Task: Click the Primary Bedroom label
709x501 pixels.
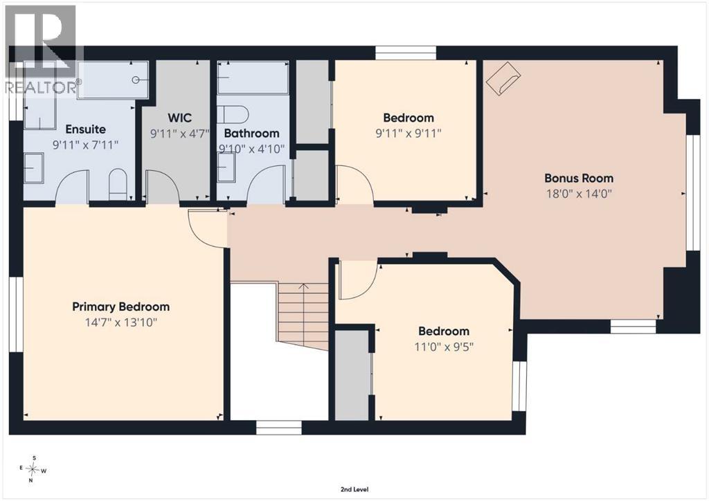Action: pyautogui.click(x=120, y=307)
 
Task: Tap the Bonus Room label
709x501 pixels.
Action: pyautogui.click(x=579, y=178)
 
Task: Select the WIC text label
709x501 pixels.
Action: pyautogui.click(x=179, y=118)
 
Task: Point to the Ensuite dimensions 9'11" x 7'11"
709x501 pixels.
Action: pyautogui.click(x=85, y=145)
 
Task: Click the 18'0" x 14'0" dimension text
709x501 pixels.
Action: pyautogui.click(x=579, y=194)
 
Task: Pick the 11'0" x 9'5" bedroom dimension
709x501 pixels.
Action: pyautogui.click(x=444, y=347)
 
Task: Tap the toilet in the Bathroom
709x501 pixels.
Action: pyautogui.click(x=233, y=114)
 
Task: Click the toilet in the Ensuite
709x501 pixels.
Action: pyautogui.click(x=118, y=184)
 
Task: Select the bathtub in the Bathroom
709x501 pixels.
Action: pyautogui.click(x=253, y=78)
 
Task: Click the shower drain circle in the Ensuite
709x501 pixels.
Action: pyautogui.click(x=136, y=80)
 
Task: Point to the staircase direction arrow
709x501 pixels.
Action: pyautogui.click(x=303, y=286)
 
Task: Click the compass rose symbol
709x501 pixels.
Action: pyautogui.click(x=33, y=469)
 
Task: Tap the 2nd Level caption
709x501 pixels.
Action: pyautogui.click(x=354, y=489)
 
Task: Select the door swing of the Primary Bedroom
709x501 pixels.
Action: pyautogui.click(x=207, y=228)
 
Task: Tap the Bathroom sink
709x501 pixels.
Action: pyautogui.click(x=226, y=167)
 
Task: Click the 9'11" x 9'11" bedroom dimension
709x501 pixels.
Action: pyautogui.click(x=409, y=134)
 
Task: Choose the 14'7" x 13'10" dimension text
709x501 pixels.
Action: pyautogui.click(x=120, y=322)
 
